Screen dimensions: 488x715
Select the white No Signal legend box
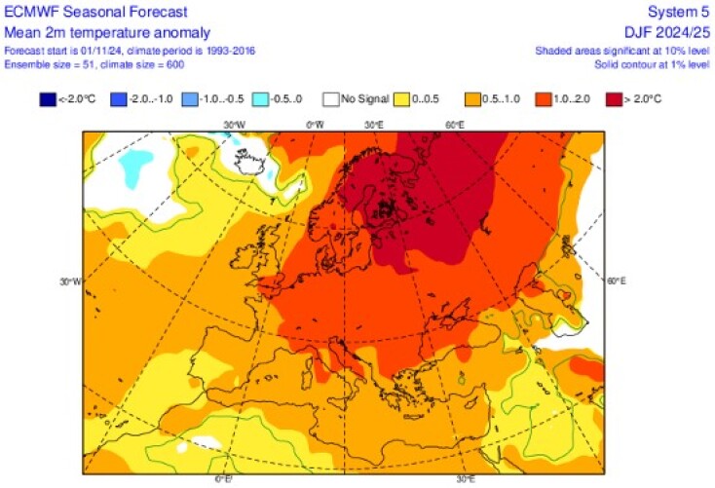(332, 98)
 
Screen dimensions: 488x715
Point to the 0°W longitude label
(314, 125)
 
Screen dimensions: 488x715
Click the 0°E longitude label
(221, 478)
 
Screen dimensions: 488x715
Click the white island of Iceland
(247, 155)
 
